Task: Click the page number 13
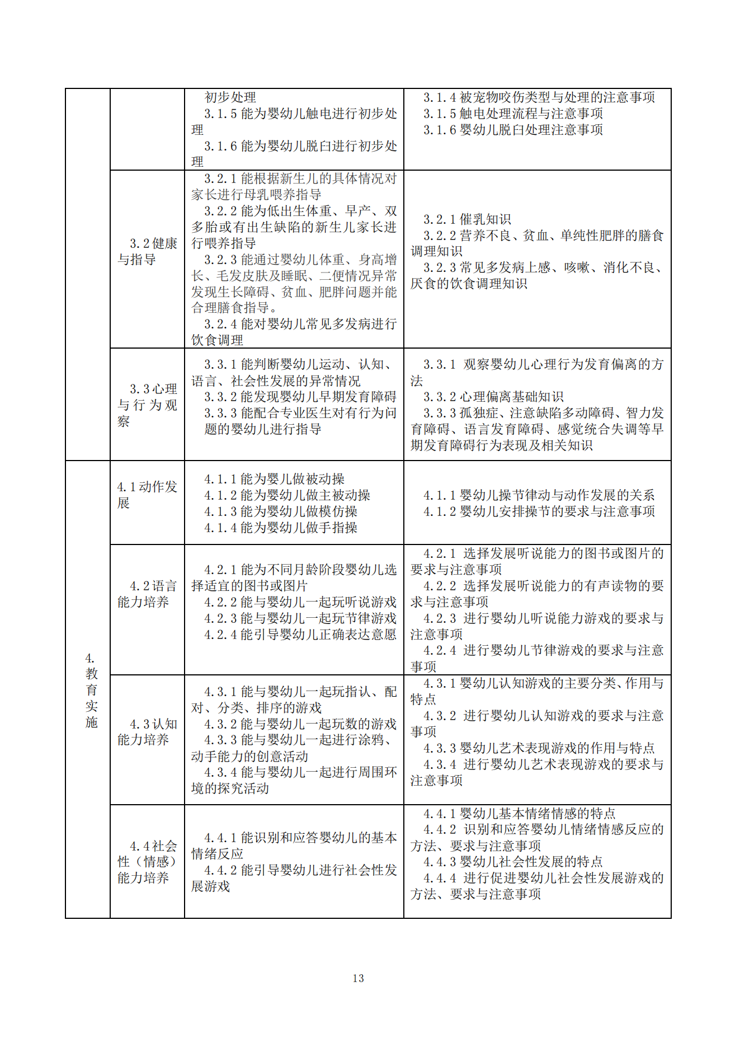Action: coord(359,978)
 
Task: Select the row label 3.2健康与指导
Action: coord(147,251)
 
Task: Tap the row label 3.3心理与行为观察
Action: coord(147,405)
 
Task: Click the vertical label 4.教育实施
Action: coord(91,690)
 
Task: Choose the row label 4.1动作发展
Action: coord(147,495)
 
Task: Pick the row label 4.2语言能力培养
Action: coord(147,594)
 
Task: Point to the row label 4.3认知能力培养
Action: coord(147,732)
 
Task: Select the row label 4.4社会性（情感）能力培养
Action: coord(147,862)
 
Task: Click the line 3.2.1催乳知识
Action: coord(467,219)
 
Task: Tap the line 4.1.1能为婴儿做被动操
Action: coord(274,479)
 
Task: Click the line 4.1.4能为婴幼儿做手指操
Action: coord(281,528)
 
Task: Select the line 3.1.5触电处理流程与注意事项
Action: coord(513,114)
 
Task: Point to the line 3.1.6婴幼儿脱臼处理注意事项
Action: coord(513,130)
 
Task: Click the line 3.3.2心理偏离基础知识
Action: coord(493,397)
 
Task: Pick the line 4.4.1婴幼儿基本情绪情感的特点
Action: coord(519,813)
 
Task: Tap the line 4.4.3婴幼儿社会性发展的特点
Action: coord(513,862)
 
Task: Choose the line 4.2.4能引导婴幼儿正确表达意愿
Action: coord(300,635)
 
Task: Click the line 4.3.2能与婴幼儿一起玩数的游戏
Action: coord(300,724)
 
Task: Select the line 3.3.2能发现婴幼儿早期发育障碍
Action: coord(300,397)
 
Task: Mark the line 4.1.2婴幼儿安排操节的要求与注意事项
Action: coord(539,511)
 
